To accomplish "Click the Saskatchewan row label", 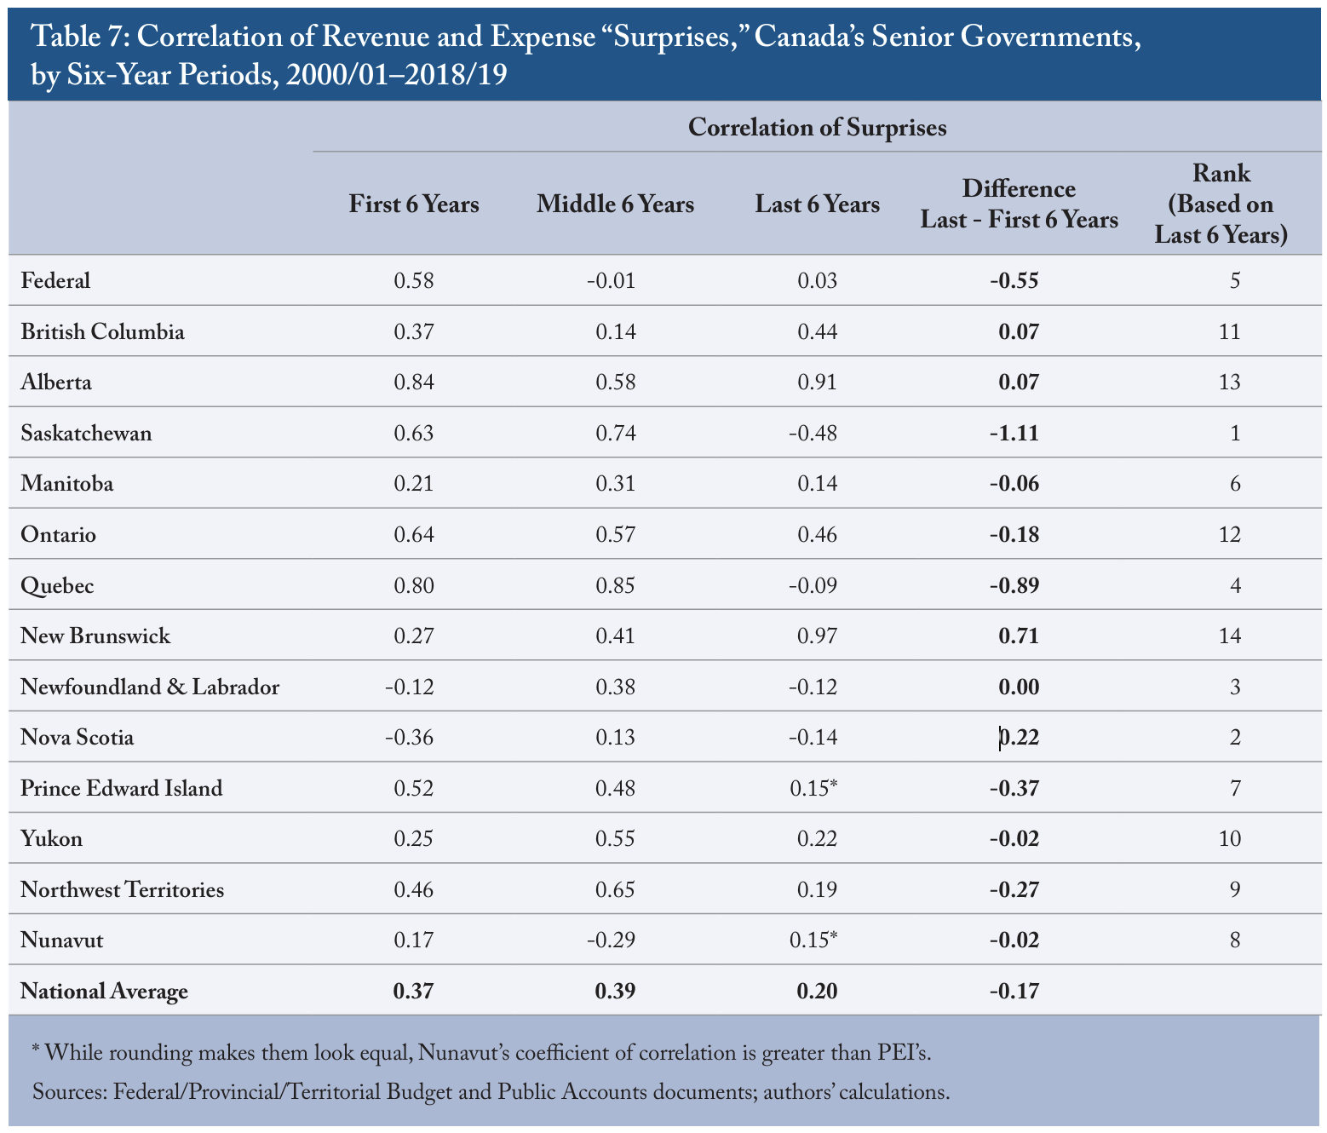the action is click(x=86, y=433).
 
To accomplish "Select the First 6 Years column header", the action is click(x=414, y=204).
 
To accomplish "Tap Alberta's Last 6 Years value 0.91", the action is click(x=818, y=382).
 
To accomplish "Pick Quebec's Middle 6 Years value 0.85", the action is click(x=615, y=585).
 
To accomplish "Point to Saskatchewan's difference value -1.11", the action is click(x=1014, y=433).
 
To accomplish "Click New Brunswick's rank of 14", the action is click(x=1229, y=636).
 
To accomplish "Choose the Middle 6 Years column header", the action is click(x=615, y=204).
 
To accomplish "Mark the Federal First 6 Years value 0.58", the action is click(x=414, y=280).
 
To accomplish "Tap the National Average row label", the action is click(x=104, y=991).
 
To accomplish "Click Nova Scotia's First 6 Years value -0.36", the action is click(x=410, y=738).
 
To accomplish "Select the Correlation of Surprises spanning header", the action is click(x=818, y=127).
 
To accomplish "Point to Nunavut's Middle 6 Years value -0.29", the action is click(x=612, y=940).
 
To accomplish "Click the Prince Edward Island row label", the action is click(x=121, y=788).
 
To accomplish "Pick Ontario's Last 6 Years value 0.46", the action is click(x=818, y=534).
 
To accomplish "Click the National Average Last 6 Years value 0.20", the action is click(x=818, y=991).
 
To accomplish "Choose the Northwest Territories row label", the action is click(x=122, y=889).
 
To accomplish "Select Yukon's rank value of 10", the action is click(x=1229, y=839).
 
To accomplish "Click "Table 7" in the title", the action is click(x=78, y=36).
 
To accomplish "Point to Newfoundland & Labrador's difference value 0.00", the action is click(x=1019, y=687).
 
